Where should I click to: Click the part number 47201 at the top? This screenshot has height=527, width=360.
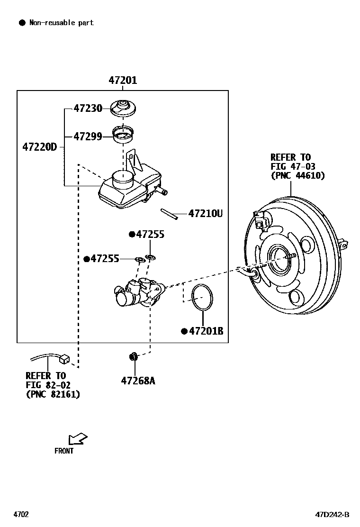point(123,81)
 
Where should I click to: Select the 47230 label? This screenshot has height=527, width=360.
point(88,109)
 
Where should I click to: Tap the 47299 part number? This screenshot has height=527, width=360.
point(88,136)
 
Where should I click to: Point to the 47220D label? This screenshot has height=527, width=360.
point(39,147)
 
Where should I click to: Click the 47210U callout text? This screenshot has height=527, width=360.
point(205,214)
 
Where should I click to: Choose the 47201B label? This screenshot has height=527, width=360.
point(206,331)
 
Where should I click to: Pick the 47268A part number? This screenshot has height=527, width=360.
point(138,381)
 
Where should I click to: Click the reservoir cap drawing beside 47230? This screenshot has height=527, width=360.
point(123,108)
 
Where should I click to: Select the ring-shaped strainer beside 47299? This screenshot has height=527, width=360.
point(123,134)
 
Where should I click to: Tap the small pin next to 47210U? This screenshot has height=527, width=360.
point(168,214)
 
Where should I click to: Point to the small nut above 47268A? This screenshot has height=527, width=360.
point(134,356)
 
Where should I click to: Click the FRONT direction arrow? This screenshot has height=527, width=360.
point(78,438)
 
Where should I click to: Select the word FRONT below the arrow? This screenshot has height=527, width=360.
point(64,451)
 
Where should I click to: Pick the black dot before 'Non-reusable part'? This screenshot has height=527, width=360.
point(22,22)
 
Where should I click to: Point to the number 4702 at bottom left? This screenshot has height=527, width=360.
point(21,515)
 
